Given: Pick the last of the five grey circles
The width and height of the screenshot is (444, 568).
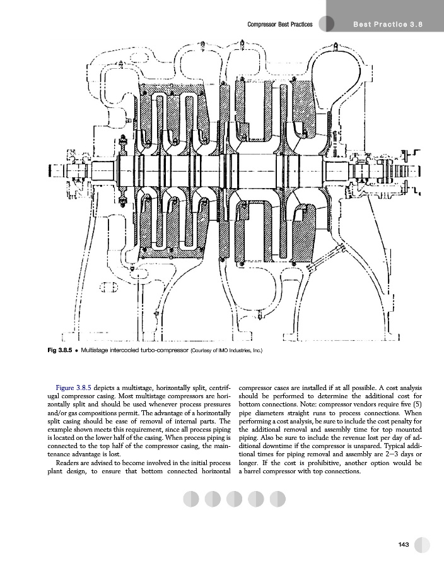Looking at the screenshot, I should [277, 499].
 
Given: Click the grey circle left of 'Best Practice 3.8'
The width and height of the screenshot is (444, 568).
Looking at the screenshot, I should [326, 24].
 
